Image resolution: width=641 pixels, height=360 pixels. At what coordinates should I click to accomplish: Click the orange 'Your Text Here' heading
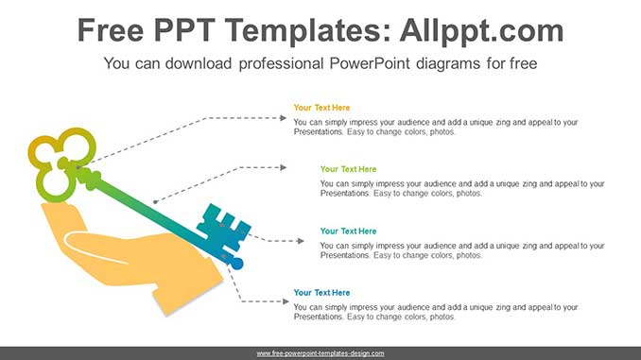(320, 108)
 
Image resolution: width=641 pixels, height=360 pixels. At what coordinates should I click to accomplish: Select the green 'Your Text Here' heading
(347, 169)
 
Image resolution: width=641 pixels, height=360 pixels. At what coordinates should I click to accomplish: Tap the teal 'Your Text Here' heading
(347, 231)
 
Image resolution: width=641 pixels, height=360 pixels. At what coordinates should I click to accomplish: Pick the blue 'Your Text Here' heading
(320, 293)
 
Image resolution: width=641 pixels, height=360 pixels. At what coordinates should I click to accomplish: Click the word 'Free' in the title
(112, 31)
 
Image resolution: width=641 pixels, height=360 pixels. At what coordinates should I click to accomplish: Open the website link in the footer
(320, 353)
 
